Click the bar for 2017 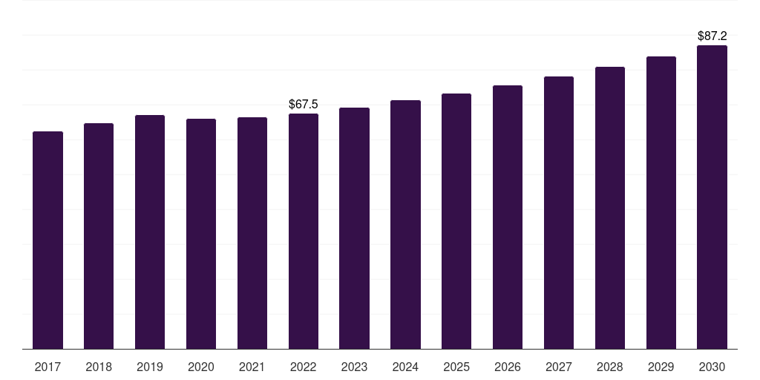[x=47, y=240]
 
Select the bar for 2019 [x=150, y=232]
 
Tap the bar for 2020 [x=201, y=234]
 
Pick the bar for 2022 [x=304, y=231]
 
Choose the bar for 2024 [x=405, y=224]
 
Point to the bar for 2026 [x=508, y=217]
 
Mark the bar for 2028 [x=610, y=208]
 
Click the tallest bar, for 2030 [x=712, y=197]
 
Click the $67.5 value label [x=304, y=105]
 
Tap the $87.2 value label [x=712, y=36]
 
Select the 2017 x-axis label [x=47, y=367]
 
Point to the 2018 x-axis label [x=99, y=367]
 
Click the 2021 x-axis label [x=252, y=367]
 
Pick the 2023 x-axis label [x=354, y=367]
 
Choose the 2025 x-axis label [x=456, y=367]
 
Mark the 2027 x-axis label [x=559, y=367]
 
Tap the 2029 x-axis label [x=661, y=367]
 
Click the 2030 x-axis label [x=712, y=367]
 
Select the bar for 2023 [x=354, y=228]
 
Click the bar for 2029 [x=661, y=203]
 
